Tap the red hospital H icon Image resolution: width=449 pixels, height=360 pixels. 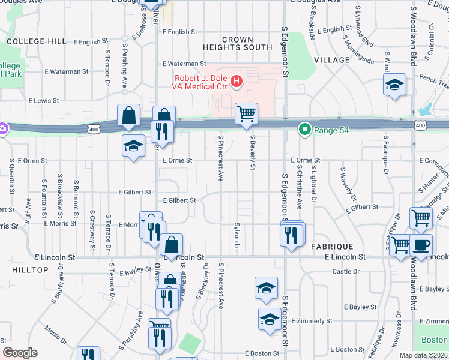click(x=237, y=80)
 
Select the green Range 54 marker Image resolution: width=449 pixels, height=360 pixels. click(x=305, y=129)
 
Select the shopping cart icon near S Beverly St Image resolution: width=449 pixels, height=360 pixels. click(x=246, y=114)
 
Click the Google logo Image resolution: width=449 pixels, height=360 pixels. click(x=20, y=353)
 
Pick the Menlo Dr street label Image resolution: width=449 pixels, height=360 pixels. click(x=58, y=334)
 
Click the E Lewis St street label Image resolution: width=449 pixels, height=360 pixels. click(x=43, y=101)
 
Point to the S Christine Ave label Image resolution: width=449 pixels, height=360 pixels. click(x=299, y=187)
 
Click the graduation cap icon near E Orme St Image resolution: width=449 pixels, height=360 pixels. click(x=133, y=146)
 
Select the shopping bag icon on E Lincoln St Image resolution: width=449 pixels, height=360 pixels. click(x=171, y=245)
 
